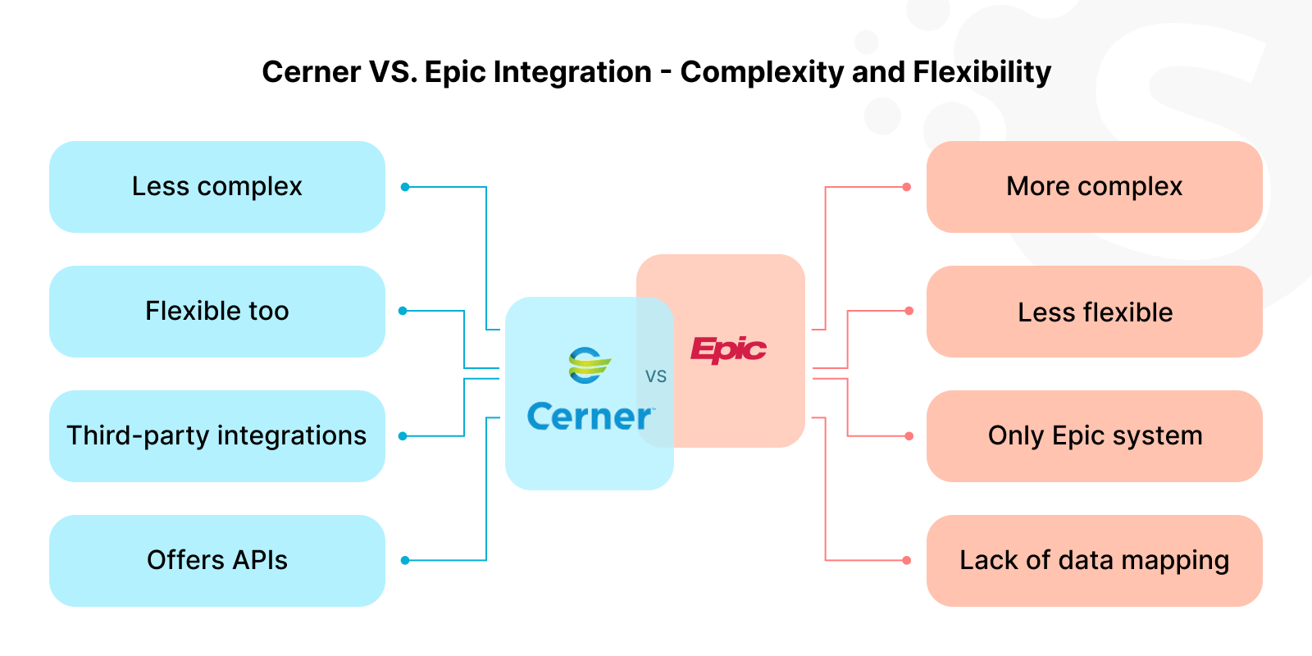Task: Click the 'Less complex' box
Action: (217, 187)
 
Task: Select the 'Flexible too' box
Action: (217, 312)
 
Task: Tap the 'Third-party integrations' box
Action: (217, 436)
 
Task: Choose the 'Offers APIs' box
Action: (217, 561)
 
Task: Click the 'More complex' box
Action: (1094, 187)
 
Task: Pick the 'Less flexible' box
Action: (1094, 312)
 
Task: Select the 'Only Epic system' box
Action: (1094, 436)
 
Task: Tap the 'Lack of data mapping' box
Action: (1094, 561)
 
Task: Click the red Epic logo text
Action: (728, 350)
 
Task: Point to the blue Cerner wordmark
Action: (589, 417)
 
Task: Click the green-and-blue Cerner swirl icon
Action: (589, 366)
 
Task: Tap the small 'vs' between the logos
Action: (656, 376)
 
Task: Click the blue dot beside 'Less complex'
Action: (405, 187)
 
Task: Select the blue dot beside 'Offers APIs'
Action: (405, 561)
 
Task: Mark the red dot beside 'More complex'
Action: (906, 187)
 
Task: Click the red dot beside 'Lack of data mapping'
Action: (906, 561)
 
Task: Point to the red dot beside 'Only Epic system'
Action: (909, 436)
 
